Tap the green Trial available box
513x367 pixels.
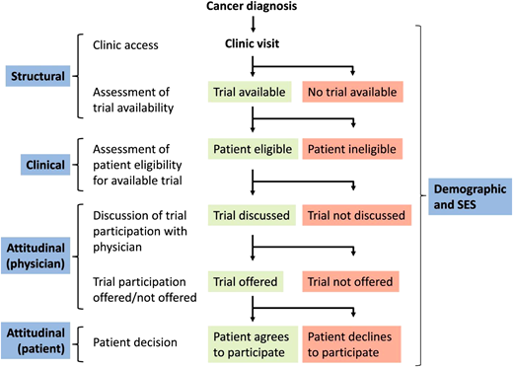[x=252, y=92]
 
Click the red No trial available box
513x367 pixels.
[x=354, y=92]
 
